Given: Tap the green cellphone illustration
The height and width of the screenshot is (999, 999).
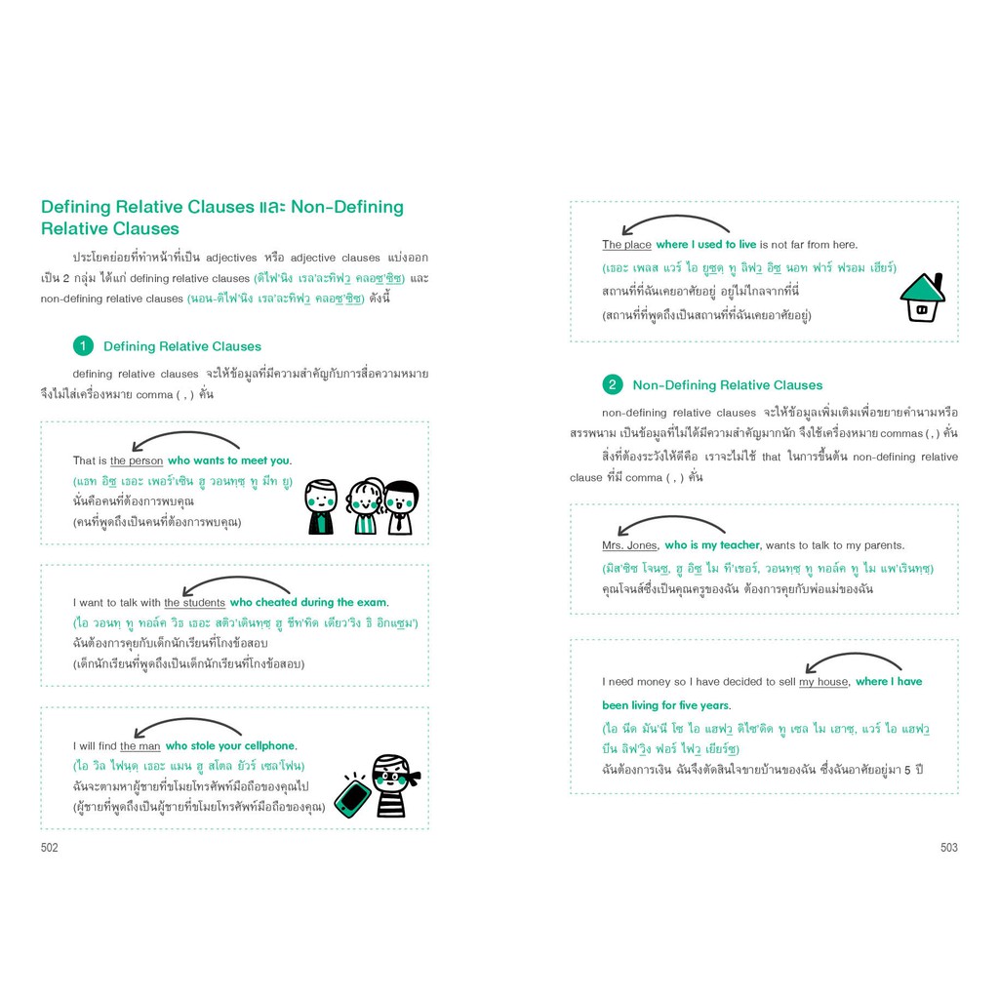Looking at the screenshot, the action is [x=352, y=796].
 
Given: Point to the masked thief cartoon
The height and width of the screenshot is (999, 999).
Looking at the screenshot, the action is [x=394, y=785].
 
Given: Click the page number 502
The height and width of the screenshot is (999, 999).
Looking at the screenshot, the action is [x=49, y=848].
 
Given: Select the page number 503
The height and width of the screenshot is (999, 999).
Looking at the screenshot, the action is [x=948, y=848].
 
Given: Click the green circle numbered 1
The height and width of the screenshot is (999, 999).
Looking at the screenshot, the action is [x=83, y=346].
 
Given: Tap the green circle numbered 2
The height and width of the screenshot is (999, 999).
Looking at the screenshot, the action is [x=613, y=384].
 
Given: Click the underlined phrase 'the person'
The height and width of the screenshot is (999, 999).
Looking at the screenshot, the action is [x=137, y=460].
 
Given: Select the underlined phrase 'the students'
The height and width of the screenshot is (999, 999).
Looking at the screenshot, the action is [x=194, y=603].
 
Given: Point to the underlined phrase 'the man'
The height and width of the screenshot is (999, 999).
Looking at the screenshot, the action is [x=140, y=746].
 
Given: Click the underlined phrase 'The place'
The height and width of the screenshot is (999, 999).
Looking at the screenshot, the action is [x=626, y=245].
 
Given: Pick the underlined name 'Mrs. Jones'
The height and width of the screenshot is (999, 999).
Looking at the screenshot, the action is [x=629, y=545].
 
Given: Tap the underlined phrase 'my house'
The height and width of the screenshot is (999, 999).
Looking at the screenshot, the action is [x=823, y=682].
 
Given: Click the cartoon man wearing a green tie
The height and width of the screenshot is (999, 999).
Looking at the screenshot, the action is [x=320, y=507].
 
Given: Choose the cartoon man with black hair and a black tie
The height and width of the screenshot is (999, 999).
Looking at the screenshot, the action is [x=401, y=507].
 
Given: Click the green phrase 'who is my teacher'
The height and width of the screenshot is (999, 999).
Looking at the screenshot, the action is [x=711, y=545].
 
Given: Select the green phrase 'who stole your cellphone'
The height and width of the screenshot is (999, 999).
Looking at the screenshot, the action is [x=230, y=746].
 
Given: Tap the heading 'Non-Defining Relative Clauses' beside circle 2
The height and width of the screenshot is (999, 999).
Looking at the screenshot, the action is [x=728, y=384].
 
